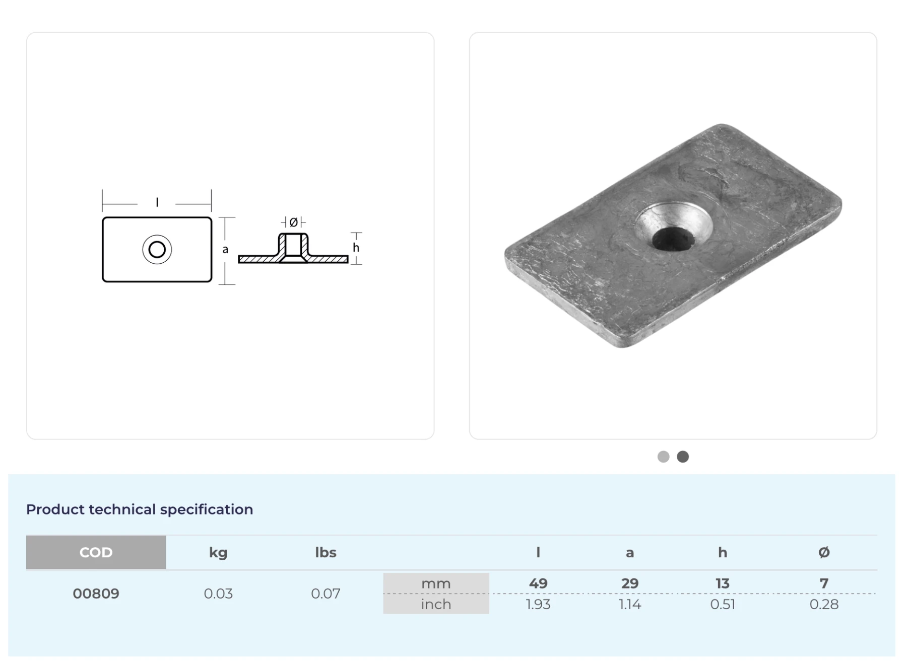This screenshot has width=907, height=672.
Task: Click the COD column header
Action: pos(96,552)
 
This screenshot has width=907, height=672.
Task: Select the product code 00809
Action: pos(96,593)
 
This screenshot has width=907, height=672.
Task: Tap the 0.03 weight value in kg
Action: pos(218,593)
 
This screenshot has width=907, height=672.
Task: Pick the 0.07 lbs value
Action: pos(326,593)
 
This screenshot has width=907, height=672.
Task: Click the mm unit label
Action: pos(436,583)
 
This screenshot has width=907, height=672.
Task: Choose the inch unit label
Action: pos(436,604)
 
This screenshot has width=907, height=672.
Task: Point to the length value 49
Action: pos(538,583)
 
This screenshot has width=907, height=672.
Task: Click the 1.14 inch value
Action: pos(630,604)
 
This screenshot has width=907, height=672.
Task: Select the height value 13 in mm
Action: pos(723,583)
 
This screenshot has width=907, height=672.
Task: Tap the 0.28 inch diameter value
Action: pos(824,604)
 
